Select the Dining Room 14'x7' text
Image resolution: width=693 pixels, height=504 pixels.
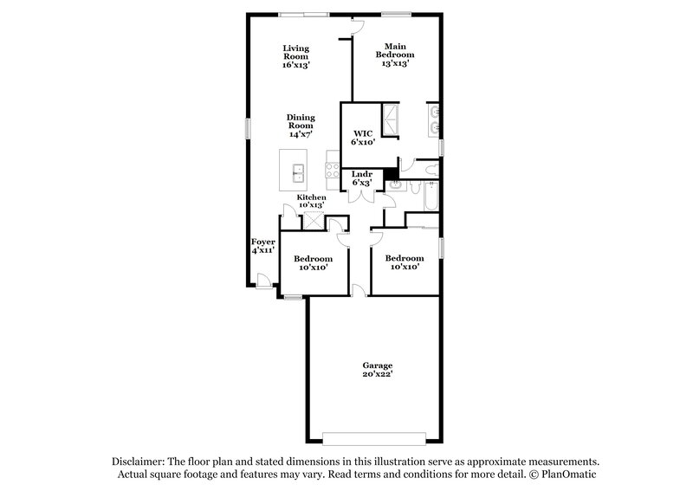pyautogui.click(x=301, y=126)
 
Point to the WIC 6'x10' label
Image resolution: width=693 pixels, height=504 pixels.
pyautogui.click(x=363, y=135)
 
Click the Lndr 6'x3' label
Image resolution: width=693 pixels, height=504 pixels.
pyautogui.click(x=361, y=178)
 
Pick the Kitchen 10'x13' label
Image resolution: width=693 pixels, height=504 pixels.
pyautogui.click(x=312, y=202)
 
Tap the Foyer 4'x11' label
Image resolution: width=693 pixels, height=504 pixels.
pyautogui.click(x=262, y=245)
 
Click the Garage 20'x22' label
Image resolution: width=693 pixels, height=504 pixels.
pyautogui.click(x=377, y=371)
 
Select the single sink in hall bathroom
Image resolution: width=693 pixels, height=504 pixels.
pyautogui.click(x=395, y=184)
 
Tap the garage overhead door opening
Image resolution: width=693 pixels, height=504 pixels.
pyautogui.click(x=375, y=435)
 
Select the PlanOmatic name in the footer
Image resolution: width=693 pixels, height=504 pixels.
pyautogui.click(x=567, y=475)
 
